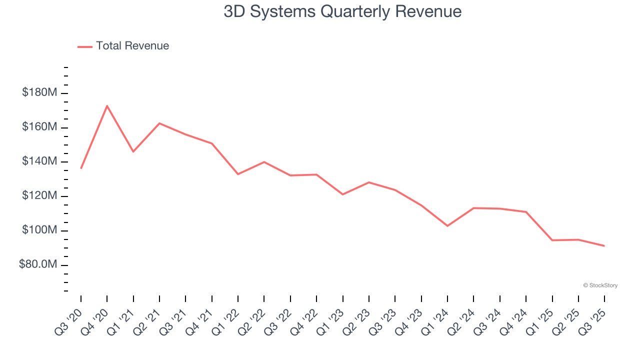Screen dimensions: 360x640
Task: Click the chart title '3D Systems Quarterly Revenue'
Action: coord(342,11)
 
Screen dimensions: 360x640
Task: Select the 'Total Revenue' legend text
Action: coord(132,46)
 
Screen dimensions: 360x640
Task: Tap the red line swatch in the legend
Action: coord(85,46)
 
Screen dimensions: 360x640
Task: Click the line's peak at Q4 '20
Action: coord(107,105)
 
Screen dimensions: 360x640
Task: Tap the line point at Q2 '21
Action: coord(159,123)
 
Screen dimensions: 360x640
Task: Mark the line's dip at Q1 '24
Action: coord(447,226)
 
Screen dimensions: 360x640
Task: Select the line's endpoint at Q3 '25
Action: coord(604,245)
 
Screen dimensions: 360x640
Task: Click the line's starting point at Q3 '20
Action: coord(81,168)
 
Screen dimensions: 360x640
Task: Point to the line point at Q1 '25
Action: coord(552,240)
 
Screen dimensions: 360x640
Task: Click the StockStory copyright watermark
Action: coord(600,285)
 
